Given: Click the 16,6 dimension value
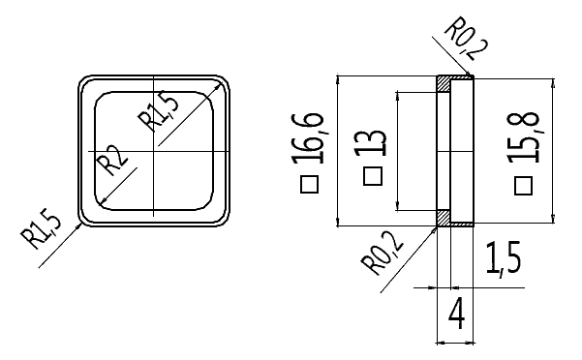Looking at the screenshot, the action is [308, 138].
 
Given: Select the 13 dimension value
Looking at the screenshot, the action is [371, 143].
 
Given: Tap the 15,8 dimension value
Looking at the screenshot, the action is [523, 136].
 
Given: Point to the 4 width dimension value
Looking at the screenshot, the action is [456, 315].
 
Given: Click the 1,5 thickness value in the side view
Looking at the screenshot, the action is [504, 258].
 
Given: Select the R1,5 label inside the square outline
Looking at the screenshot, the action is [158, 111].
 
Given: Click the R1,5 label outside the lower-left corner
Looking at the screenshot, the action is [41, 230].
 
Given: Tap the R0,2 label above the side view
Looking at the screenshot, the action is [467, 38].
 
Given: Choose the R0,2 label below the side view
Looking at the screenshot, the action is [383, 253].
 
